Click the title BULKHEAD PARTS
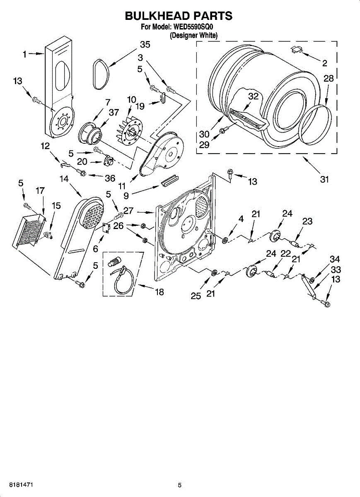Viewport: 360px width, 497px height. pos(179,16)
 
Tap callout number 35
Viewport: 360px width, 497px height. pos(145,45)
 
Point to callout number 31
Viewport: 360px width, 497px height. pos(324,179)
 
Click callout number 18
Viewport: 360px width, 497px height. pos(159,292)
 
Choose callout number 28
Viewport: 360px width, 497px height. pos(328,79)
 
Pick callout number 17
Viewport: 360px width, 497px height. pos(40,191)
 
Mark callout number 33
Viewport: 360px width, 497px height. pos(335,270)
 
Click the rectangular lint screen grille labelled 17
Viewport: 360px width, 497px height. pos(29,230)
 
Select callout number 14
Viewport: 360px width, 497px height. pos(64,179)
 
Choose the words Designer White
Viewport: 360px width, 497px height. pos(194,36)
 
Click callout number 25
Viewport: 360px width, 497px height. pos(196,296)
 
